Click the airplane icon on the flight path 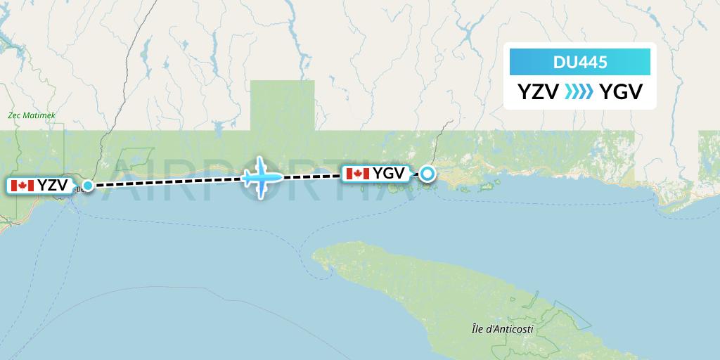click(x=262, y=177)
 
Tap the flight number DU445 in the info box click(x=580, y=63)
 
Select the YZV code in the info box click(x=538, y=92)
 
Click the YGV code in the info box click(x=621, y=92)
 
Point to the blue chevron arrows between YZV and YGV click(x=579, y=92)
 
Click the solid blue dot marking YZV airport click(x=87, y=186)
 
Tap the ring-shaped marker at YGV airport click(x=427, y=173)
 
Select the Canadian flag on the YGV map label click(x=357, y=173)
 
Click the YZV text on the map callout click(x=53, y=186)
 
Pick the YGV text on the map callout click(x=388, y=173)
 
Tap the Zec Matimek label click(x=31, y=115)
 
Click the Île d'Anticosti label click(x=503, y=329)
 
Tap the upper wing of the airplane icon click(x=262, y=165)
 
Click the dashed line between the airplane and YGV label click(x=313, y=176)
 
